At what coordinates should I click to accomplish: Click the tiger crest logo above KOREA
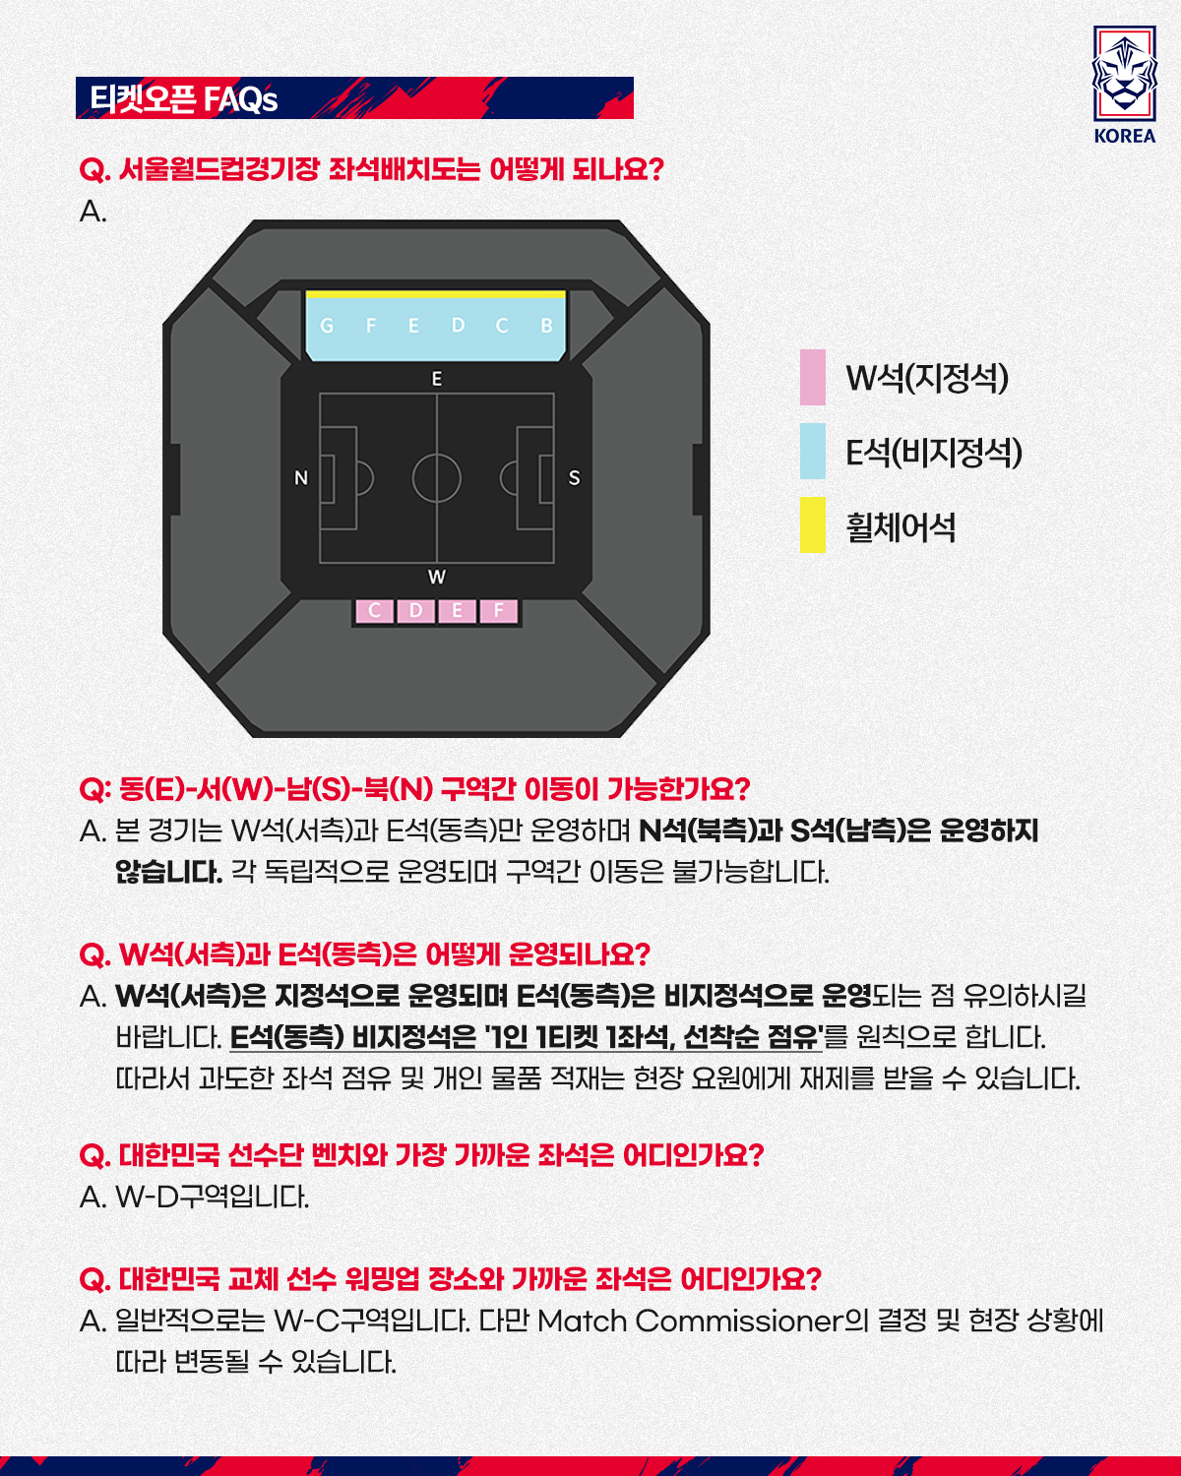(x=1124, y=74)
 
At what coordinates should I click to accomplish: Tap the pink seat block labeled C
(x=375, y=610)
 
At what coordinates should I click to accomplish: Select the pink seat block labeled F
(x=499, y=610)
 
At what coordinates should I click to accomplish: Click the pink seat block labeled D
(x=416, y=610)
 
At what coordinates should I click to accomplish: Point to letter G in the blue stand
(x=327, y=326)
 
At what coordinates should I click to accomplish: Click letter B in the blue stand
(x=546, y=326)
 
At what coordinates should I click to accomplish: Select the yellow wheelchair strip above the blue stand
(x=436, y=294)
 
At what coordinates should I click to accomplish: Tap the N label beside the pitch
(x=301, y=478)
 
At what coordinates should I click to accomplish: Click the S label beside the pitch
(x=575, y=478)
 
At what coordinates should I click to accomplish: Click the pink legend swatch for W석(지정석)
(x=813, y=377)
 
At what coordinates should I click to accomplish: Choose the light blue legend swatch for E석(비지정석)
(x=813, y=451)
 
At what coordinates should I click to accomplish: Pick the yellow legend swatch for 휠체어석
(x=813, y=524)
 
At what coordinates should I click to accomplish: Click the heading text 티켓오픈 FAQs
(x=184, y=98)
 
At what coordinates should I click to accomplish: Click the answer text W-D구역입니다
(x=212, y=1197)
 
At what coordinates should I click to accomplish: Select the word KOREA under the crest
(x=1125, y=136)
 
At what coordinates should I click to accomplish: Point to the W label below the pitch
(x=436, y=577)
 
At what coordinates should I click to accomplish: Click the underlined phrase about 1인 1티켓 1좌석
(x=526, y=1036)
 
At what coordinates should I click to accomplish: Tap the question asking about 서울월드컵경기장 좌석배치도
(x=371, y=168)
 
